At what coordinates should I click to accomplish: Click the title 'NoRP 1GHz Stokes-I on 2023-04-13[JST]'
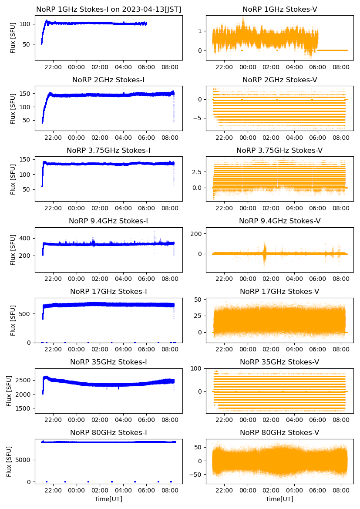tap(108, 9)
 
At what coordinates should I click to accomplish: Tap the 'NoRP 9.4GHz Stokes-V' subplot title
tap(279, 221)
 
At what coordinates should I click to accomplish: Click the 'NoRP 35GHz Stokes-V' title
tap(279, 362)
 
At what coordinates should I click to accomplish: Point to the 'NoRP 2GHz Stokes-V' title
tap(279, 80)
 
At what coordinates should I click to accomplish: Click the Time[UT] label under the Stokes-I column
tap(108, 499)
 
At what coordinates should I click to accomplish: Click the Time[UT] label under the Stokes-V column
tap(279, 499)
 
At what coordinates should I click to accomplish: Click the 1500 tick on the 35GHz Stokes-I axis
tap(24, 409)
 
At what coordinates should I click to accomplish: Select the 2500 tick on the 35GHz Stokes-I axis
tap(24, 381)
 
